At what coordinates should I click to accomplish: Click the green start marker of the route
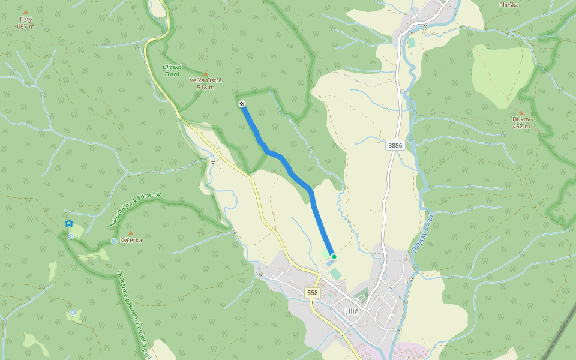coord(334,257)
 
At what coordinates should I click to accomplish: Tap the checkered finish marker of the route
coord(242,104)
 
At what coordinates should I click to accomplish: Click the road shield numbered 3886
coord(395,145)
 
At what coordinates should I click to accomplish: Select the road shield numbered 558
coord(312,293)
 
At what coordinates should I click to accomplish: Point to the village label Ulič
coord(352,311)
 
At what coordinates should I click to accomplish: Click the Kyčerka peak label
coord(131,240)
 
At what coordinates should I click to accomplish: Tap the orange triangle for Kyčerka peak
coord(131,232)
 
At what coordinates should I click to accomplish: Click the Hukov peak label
coord(521,119)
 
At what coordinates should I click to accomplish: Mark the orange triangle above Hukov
coord(521,113)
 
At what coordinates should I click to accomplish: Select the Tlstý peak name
coord(25,20)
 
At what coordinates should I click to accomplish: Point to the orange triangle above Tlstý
coord(25,11)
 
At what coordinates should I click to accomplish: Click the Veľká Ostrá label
coord(206,80)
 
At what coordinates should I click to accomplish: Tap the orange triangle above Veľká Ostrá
coord(206,73)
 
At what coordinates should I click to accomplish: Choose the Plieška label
coord(509,5)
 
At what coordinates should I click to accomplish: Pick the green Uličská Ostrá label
coord(173,70)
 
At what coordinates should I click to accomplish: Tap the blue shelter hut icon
coord(69,224)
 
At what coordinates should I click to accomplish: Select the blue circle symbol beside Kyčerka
coord(114,241)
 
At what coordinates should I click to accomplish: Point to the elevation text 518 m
coord(206,88)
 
